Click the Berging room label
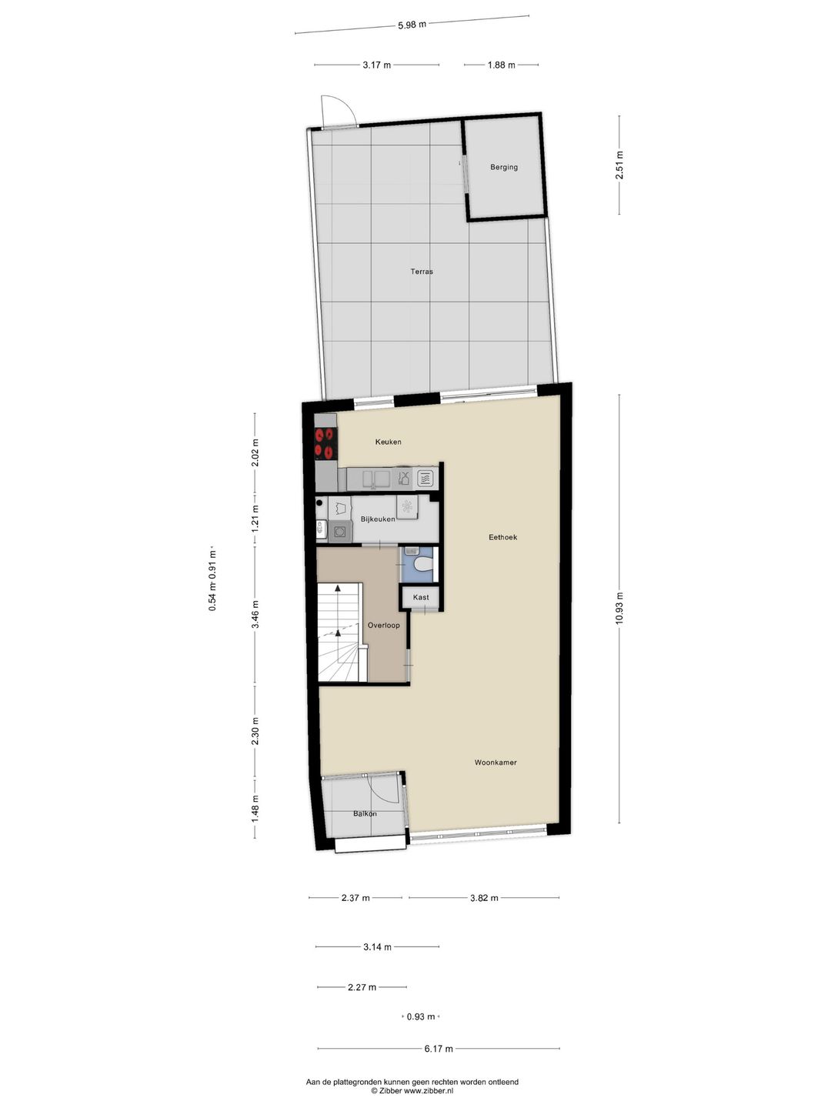[504, 167]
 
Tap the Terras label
[421, 272]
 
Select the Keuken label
[388, 442]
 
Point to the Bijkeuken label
[378, 519]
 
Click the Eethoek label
[502, 537]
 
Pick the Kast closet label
[421, 597]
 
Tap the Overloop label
[383, 626]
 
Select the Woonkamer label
[495, 763]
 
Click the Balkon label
[365, 814]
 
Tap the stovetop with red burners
[325, 443]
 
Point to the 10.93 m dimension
[619, 609]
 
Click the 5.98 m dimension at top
[412, 25]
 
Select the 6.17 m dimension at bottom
[439, 1049]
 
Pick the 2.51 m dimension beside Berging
[619, 165]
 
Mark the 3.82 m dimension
[484, 898]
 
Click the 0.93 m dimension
[421, 1016]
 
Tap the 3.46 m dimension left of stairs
[255, 614]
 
